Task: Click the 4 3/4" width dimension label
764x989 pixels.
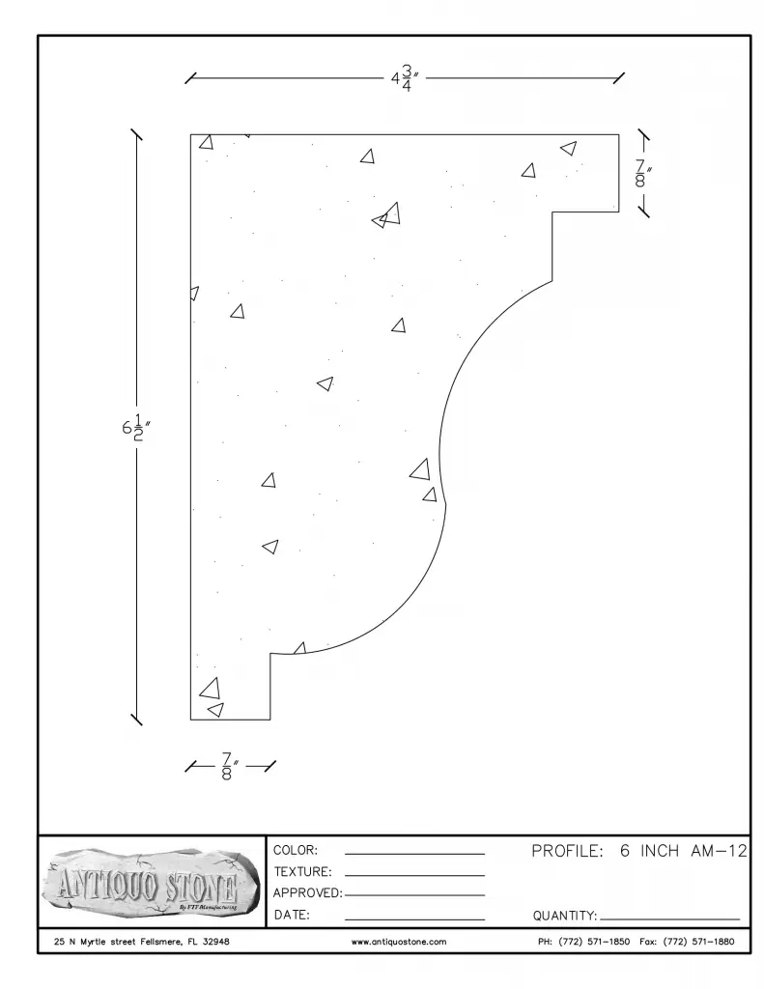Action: (x=405, y=79)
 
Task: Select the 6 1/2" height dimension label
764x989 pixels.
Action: (x=135, y=428)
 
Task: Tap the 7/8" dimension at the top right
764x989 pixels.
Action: (x=642, y=174)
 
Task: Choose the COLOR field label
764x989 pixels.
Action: (x=296, y=850)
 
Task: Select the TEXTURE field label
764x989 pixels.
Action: (x=302, y=872)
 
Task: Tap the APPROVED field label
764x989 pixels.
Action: (x=308, y=893)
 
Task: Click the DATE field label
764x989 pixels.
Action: (x=292, y=915)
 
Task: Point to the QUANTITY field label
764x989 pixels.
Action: (x=565, y=916)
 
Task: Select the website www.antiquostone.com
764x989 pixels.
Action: (x=399, y=942)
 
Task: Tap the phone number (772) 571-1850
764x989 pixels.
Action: (x=594, y=942)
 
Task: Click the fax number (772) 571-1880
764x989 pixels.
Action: (x=698, y=942)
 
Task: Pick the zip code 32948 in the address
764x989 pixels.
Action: (x=215, y=942)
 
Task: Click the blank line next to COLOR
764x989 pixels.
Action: (x=414, y=854)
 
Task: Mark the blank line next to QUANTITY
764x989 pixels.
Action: (x=669, y=919)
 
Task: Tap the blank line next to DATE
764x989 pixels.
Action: (x=414, y=919)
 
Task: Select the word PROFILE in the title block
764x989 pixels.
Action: (x=567, y=851)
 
